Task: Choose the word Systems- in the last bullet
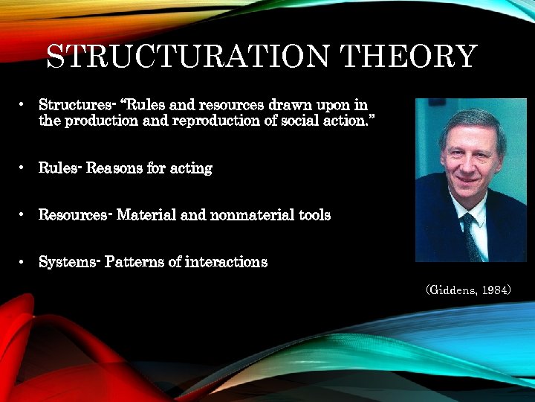(68, 262)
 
